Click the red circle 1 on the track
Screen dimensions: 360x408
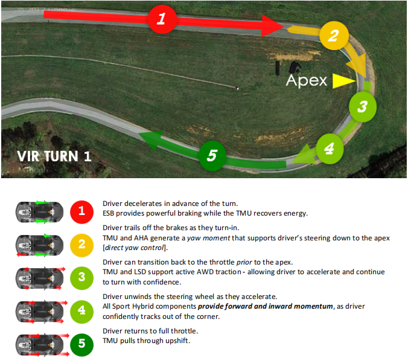pos(161,19)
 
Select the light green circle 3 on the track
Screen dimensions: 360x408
pos(362,107)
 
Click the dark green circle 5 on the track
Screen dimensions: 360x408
pos(211,156)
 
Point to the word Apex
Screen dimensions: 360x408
pos(307,80)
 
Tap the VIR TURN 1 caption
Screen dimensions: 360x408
pos(54,156)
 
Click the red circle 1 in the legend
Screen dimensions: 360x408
pos(81,212)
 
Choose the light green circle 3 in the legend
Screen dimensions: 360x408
pos(81,278)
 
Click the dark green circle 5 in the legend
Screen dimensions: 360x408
pos(81,345)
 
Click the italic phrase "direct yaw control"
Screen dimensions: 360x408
pos(135,248)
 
